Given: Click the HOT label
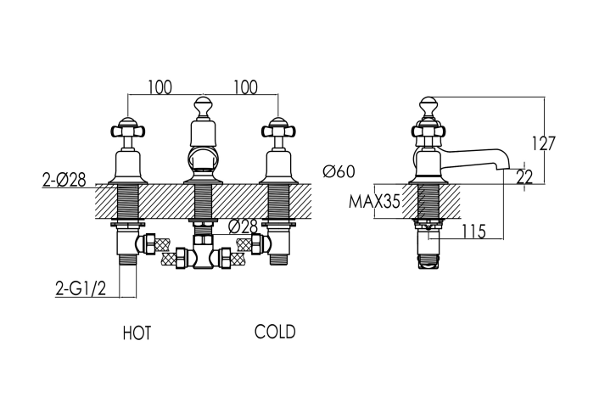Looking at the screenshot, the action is click(137, 333).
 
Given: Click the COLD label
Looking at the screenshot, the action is click(275, 332).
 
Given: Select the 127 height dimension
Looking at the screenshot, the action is click(543, 143).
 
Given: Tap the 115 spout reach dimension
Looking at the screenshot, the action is click(473, 232).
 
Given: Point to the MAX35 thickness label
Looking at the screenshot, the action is click(374, 202).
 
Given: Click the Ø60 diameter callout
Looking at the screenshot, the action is click(339, 171).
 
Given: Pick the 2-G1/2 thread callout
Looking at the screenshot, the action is click(81, 289).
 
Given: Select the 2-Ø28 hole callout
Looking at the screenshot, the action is click(64, 180).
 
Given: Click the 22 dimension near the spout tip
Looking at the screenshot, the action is click(524, 177).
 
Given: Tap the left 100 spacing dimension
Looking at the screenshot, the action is click(160, 87).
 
